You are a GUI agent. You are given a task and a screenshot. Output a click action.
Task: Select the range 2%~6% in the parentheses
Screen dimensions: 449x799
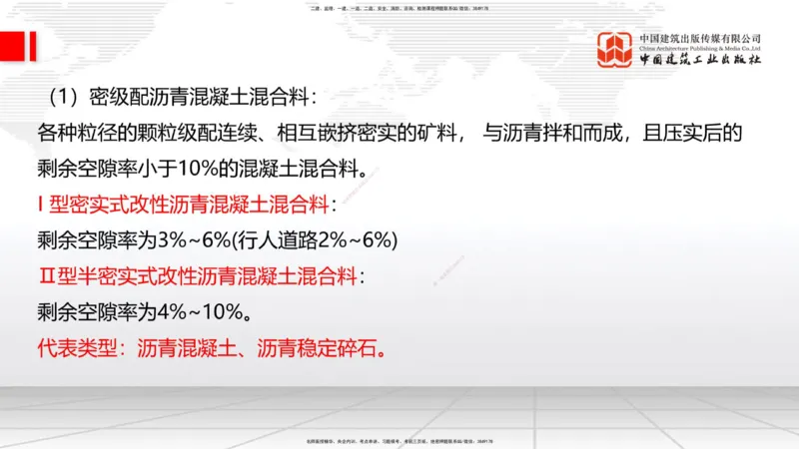(355, 240)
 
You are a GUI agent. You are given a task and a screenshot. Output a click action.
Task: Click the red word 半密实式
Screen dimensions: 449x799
(118, 276)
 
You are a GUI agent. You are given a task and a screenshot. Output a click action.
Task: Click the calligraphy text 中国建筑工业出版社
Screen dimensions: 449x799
(700, 61)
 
